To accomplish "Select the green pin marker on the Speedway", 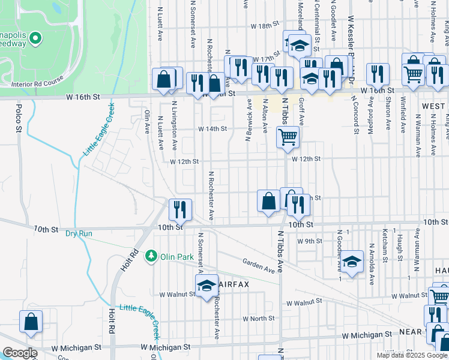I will tap(35, 39).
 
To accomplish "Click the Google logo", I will tap(20, 353).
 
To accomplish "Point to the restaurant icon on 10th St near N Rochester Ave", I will tap(180, 209).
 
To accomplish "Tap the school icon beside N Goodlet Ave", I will tap(353, 261).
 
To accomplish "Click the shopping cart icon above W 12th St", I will tap(288, 137).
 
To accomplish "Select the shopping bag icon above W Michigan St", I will tap(31, 322).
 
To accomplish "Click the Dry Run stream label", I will tap(79, 233).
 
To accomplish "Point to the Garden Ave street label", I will tap(259, 266).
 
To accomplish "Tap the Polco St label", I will tap(19, 118).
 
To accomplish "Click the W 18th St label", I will tap(266, 26).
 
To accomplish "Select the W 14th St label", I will tap(212, 129).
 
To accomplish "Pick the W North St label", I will tap(258, 319).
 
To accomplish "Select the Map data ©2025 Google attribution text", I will tap(411, 355).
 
